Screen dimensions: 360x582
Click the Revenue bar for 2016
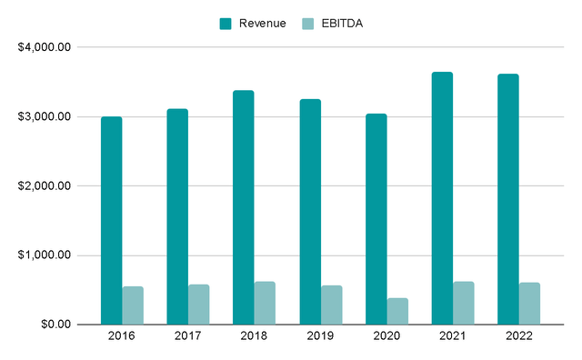coord(112,220)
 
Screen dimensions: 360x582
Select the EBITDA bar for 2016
coord(133,305)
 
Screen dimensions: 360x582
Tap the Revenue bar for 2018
coord(244,207)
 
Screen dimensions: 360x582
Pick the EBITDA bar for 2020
coord(397,311)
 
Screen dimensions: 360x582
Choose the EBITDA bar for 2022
coord(529,304)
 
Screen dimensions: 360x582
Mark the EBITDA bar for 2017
coord(199,305)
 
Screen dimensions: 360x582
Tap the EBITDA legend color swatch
coord(308,23)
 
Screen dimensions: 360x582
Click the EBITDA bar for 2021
coord(464,303)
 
